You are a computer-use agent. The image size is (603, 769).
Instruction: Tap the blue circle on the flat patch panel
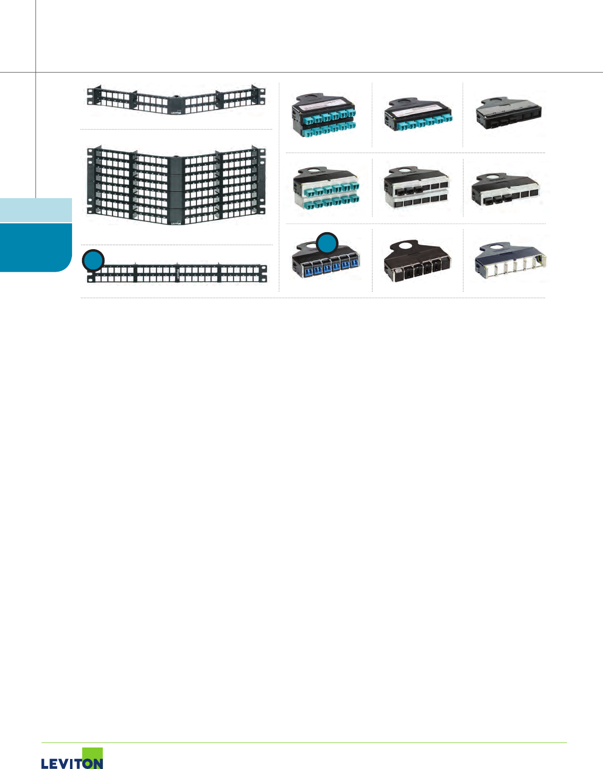93,260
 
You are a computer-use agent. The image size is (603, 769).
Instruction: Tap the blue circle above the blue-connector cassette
327,244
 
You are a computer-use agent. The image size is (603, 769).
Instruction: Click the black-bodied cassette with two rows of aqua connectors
325,116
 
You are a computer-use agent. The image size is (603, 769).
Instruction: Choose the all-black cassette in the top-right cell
507,114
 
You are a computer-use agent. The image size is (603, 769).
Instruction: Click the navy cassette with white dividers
510,261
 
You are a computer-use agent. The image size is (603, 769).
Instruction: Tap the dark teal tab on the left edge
35,247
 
